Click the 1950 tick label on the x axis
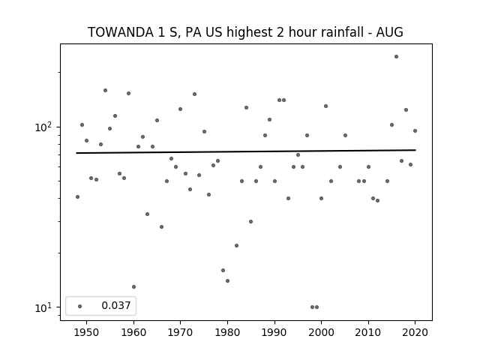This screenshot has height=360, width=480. click(87, 332)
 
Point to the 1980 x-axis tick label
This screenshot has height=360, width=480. click(227, 332)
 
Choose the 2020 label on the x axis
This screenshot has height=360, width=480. click(415, 332)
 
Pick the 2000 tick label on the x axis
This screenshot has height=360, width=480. click(321, 332)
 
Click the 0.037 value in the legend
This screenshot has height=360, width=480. click(116, 305)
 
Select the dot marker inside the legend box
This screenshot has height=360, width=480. click(80, 306)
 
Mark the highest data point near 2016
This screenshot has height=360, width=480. click(397, 57)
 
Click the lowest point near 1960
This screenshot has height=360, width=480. click(133, 286)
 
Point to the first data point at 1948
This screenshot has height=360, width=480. click(77, 196)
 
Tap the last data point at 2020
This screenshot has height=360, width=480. click(415, 130)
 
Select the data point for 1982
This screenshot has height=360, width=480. click(237, 245)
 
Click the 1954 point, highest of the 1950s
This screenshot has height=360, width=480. click(105, 90)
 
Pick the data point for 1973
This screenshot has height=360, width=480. click(194, 94)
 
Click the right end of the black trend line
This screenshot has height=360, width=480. click(415, 150)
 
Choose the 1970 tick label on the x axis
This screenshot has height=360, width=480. click(180, 332)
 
